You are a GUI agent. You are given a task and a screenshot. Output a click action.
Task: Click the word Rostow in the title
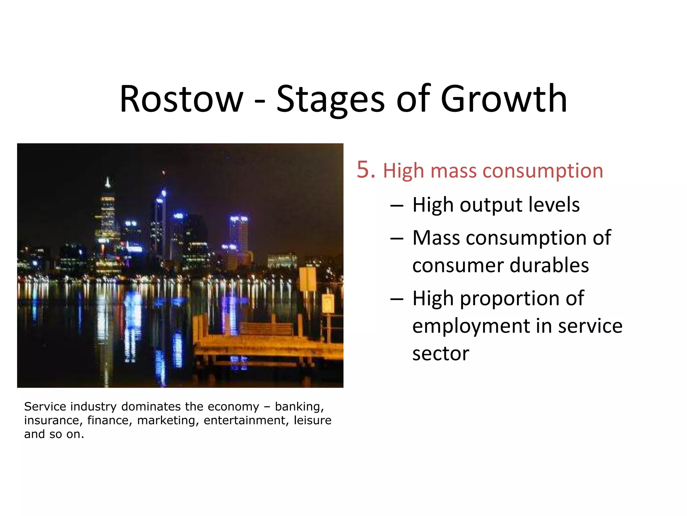(181, 99)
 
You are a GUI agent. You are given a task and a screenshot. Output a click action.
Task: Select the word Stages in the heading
(330, 99)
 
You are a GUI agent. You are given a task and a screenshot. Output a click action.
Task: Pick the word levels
(553, 205)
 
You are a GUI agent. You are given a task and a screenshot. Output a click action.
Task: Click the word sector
(440, 353)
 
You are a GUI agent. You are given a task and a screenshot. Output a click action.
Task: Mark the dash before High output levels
(397, 206)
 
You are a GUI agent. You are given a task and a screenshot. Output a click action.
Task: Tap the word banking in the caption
(299, 407)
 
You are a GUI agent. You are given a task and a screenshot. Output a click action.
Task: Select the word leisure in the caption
(312, 420)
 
